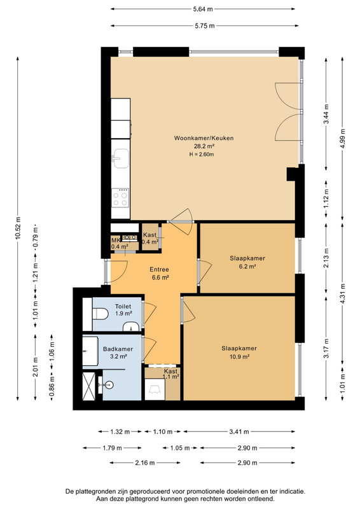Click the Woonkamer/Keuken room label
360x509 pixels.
(x=204, y=138)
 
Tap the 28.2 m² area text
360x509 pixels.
(x=204, y=146)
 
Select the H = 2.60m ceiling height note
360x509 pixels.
(x=202, y=155)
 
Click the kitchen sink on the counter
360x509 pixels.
(x=120, y=158)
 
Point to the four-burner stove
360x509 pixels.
(x=120, y=198)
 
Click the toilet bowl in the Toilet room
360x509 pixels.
(x=100, y=314)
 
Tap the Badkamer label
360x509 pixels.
(x=118, y=349)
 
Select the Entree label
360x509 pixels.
(x=159, y=269)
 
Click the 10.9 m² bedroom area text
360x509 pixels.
(x=240, y=357)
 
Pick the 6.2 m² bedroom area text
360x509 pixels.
(x=247, y=267)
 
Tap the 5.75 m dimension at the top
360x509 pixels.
(x=205, y=25)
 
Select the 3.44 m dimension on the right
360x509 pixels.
(x=326, y=114)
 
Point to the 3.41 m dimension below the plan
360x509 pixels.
(x=239, y=432)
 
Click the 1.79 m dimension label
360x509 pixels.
(x=113, y=449)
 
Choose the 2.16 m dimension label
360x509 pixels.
(x=145, y=463)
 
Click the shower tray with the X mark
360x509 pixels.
(x=89, y=386)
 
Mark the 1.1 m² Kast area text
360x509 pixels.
(x=171, y=377)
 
